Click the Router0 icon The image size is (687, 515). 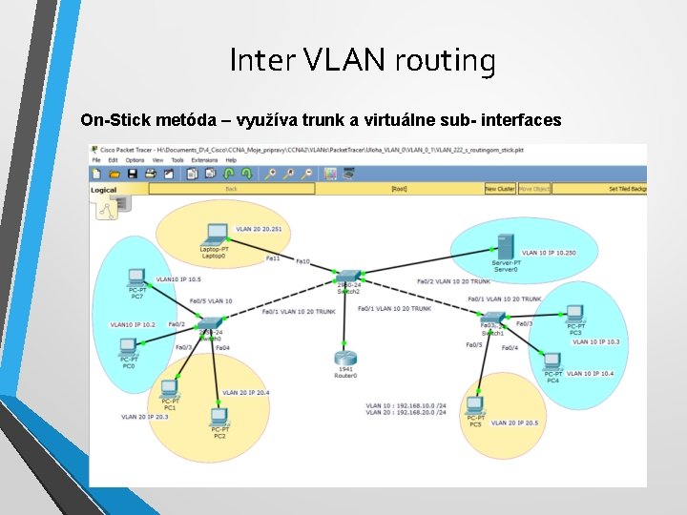click(x=345, y=360)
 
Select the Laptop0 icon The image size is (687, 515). click(x=217, y=234)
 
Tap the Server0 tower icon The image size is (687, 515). click(x=505, y=246)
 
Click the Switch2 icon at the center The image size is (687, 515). click(x=349, y=276)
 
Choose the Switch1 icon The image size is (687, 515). click(x=491, y=319)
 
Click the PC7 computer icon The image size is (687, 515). click(x=136, y=278)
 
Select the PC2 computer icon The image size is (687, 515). click(x=219, y=417)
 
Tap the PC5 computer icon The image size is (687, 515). click(x=474, y=407)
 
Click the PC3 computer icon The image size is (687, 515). click(x=574, y=314)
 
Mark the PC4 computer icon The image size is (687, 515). click(x=552, y=362)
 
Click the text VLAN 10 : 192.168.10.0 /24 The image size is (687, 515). click(x=406, y=404)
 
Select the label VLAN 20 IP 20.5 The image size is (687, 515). click(x=514, y=422)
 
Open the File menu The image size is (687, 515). click(x=96, y=160)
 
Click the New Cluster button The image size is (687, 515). click(x=499, y=189)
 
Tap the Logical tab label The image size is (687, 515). click(x=103, y=190)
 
